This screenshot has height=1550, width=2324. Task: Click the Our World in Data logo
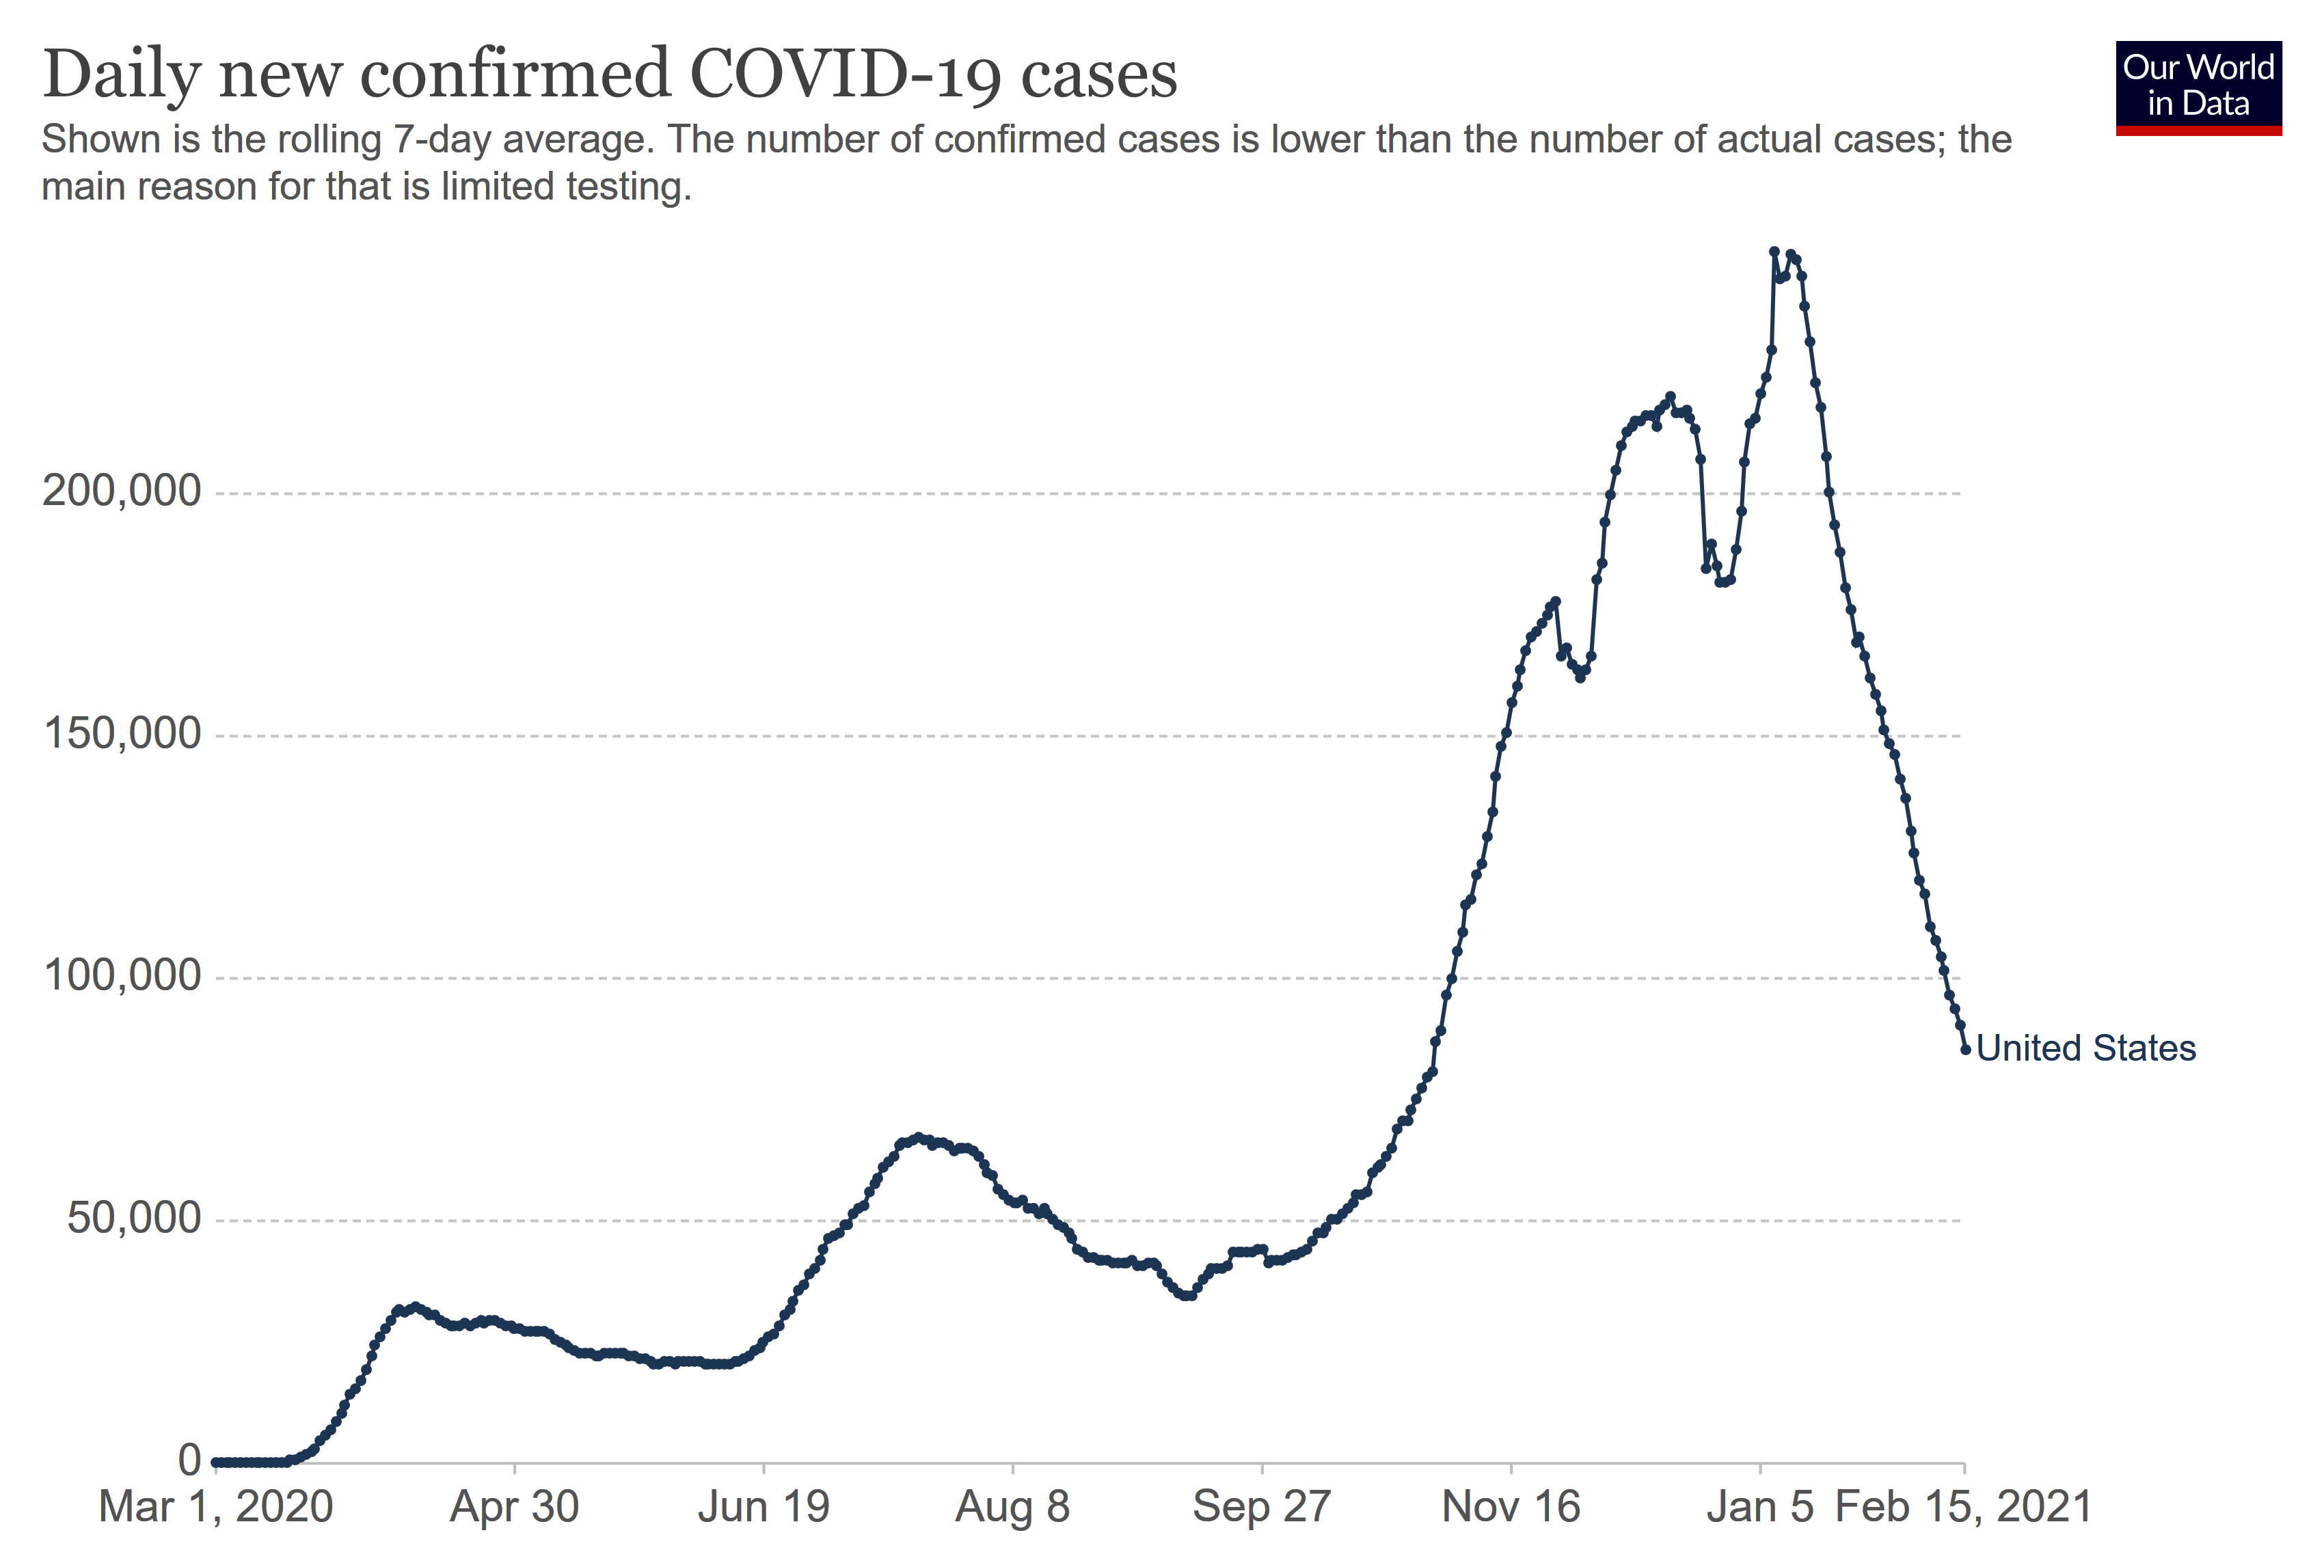(x=2198, y=87)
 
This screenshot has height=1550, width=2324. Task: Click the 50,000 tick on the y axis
(x=133, y=1218)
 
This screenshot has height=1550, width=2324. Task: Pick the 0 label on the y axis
(x=189, y=1460)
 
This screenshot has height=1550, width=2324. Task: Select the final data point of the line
(x=1965, y=1050)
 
